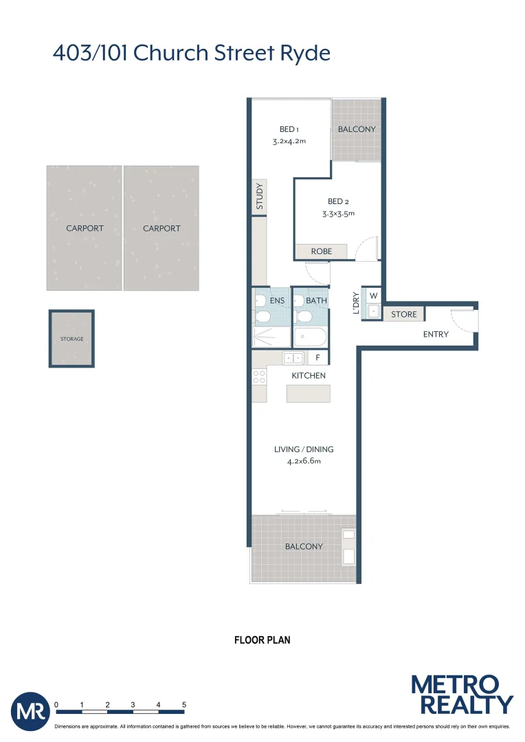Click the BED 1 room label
tap(289, 129)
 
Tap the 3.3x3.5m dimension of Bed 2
tap(339, 214)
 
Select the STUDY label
tap(259, 196)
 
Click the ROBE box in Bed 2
tap(321, 251)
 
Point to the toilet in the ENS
tap(261, 310)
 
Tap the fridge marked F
tap(317, 358)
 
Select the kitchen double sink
tap(294, 358)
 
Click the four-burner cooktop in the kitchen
tap(259, 376)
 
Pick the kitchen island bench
tap(308, 394)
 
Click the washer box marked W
tap(373, 296)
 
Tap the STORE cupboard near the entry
tap(404, 315)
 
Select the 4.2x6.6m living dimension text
tap(304, 462)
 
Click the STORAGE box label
tap(71, 339)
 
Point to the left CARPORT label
tap(85, 229)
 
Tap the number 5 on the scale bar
tap(184, 705)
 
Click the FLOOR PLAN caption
tap(262, 640)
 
